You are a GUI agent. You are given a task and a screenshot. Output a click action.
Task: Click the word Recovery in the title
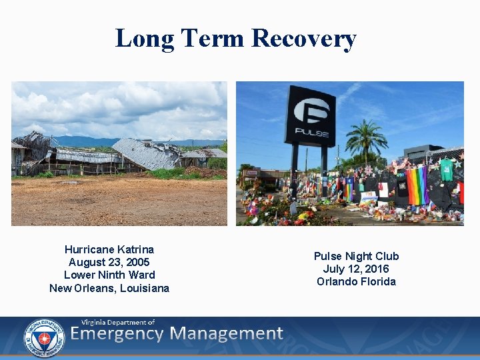point(304,38)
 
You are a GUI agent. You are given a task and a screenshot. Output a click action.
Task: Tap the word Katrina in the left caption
point(135,249)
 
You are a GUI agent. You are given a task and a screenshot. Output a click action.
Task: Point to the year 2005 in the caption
point(137,262)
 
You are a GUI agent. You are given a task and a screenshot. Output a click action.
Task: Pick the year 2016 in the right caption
point(376,269)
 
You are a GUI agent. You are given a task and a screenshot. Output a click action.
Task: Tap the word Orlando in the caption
point(338,281)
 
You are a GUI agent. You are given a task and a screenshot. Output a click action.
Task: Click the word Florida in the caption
point(379,281)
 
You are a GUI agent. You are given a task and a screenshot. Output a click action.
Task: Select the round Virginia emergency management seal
point(44,338)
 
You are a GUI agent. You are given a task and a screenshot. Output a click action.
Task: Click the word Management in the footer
point(226,334)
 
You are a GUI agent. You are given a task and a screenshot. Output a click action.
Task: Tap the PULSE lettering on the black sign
point(310,132)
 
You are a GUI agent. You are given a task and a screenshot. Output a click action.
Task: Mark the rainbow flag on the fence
point(417,185)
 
